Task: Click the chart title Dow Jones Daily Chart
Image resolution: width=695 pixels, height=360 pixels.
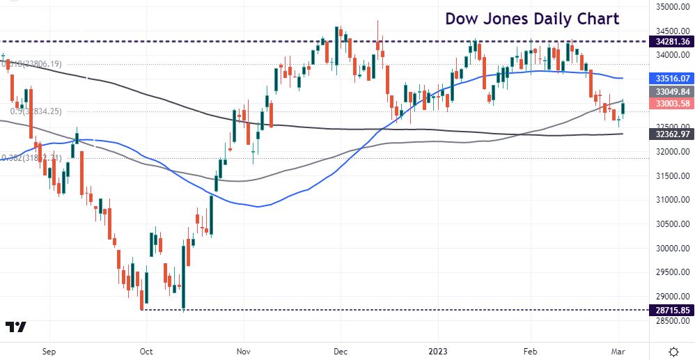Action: pyautogui.click(x=532, y=18)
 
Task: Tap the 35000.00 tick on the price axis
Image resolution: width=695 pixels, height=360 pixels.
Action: pyautogui.click(x=669, y=7)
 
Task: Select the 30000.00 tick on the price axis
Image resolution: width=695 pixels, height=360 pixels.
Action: pyautogui.click(x=669, y=248)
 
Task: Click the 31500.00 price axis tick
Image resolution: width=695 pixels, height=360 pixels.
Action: pyautogui.click(x=669, y=175)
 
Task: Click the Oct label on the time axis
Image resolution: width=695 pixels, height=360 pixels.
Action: pyautogui.click(x=146, y=352)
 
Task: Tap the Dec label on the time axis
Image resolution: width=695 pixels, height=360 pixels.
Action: pyautogui.click(x=340, y=352)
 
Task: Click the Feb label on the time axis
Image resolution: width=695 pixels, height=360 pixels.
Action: pyautogui.click(x=531, y=352)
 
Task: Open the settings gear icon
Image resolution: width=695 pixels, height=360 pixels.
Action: pyautogui.click(x=673, y=351)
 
